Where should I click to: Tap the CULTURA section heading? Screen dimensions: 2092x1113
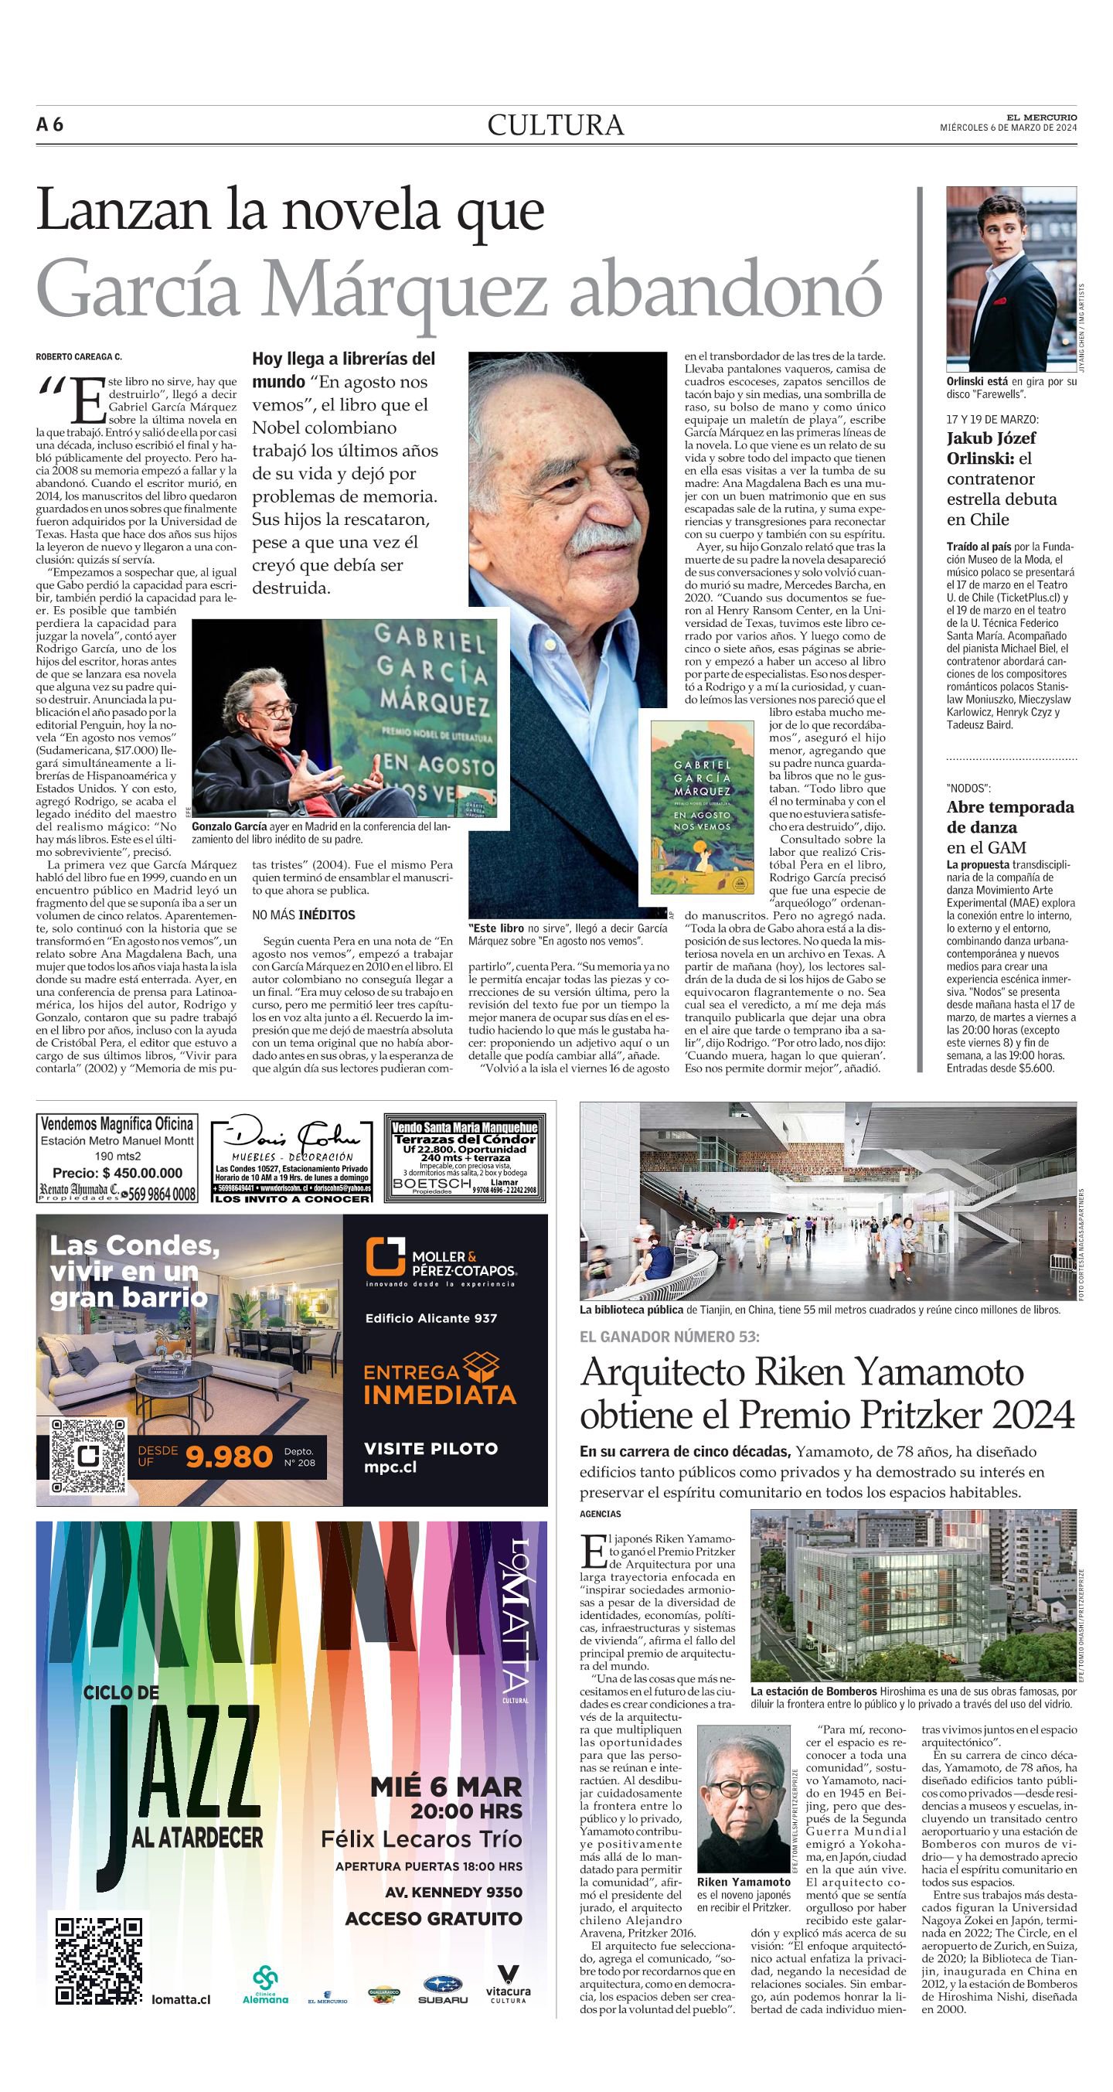click(555, 125)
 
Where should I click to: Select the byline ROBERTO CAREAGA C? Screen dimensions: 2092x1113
click(79, 356)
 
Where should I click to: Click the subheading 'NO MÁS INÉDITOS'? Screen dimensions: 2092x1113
click(304, 915)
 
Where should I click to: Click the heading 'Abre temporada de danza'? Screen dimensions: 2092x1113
click(1010, 817)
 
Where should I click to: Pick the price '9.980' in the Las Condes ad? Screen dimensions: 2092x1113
click(229, 1458)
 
